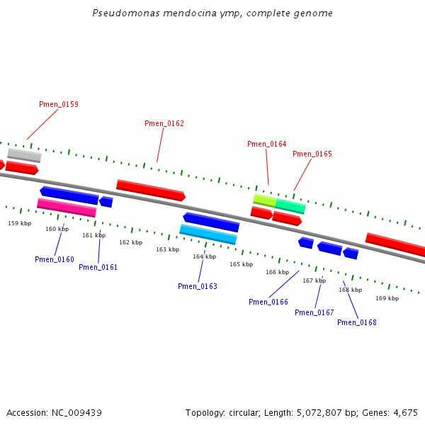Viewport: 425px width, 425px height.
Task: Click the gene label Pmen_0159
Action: tap(58, 105)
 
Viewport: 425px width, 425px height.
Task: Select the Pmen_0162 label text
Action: tap(164, 124)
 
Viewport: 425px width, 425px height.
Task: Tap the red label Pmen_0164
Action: tap(267, 144)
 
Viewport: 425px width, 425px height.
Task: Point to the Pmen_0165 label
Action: tap(312, 154)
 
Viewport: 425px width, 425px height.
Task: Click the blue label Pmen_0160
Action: tap(55, 260)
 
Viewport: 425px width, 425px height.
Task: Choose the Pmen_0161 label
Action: tap(98, 268)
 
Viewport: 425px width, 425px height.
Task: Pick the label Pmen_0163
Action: tap(198, 287)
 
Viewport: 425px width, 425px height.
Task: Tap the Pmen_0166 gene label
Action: tap(268, 302)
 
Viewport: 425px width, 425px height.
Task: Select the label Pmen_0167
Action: tap(314, 313)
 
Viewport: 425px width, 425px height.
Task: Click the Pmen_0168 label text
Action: tap(357, 323)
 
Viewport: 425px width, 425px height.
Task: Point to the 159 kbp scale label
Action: tap(20, 224)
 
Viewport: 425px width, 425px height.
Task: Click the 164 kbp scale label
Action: tap(205, 257)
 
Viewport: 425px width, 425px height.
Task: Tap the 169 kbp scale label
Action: tap(387, 299)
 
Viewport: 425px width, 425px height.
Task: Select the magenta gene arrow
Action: tap(67, 208)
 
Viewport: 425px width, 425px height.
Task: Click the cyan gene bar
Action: tap(208, 234)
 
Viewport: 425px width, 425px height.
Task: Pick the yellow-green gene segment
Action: tap(264, 200)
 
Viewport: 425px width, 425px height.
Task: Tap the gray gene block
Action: tap(24, 155)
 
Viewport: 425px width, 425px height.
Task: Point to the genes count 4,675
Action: tap(405, 413)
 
